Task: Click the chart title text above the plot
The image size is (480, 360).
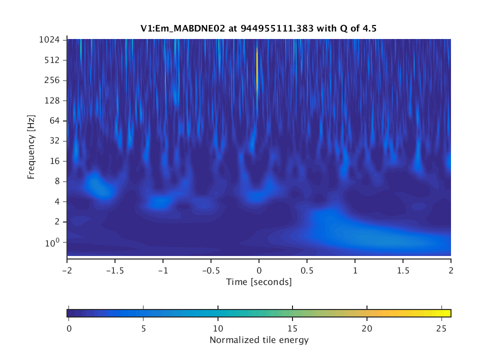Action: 258,29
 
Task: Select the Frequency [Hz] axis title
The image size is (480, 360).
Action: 31,147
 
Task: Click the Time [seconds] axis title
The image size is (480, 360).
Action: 258,282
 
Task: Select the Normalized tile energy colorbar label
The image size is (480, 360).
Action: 258,340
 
